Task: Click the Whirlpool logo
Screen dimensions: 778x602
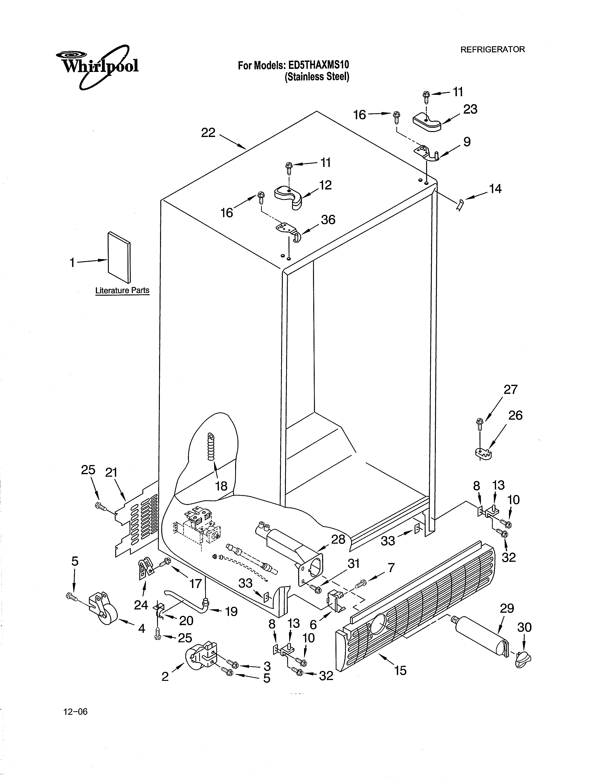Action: (x=97, y=67)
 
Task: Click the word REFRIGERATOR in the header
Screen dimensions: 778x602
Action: (x=492, y=50)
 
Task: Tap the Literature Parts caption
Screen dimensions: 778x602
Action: (x=122, y=290)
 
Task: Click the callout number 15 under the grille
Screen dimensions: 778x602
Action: (x=400, y=670)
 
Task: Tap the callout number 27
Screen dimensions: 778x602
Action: (x=510, y=389)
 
